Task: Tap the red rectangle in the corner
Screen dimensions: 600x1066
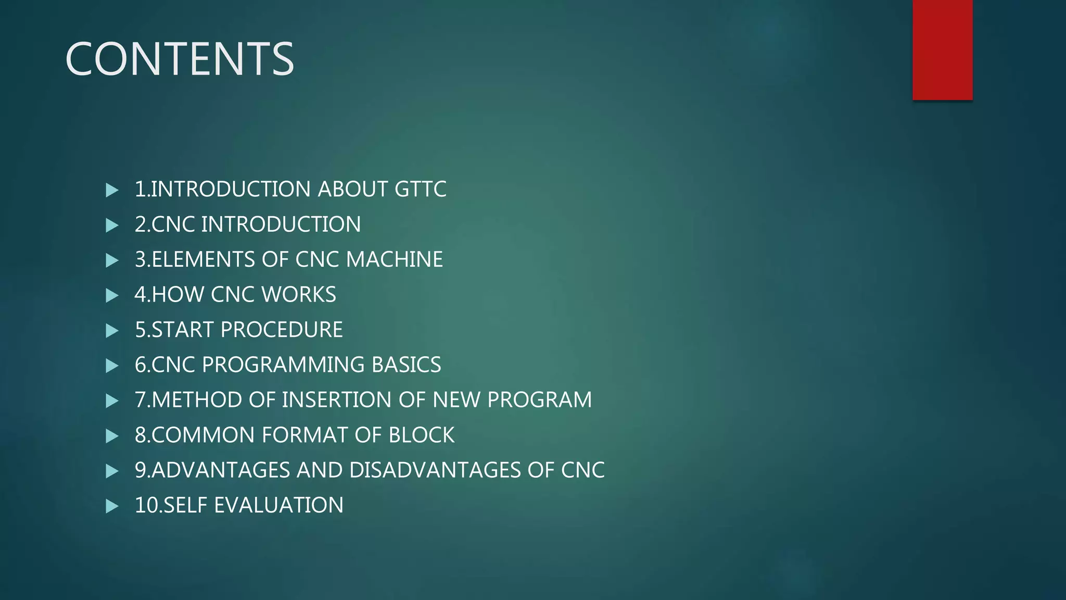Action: tap(942, 49)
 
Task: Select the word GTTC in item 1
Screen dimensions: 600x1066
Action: tap(420, 189)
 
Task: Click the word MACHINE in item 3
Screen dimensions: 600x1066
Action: tap(394, 259)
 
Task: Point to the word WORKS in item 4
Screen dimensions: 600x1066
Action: tap(299, 295)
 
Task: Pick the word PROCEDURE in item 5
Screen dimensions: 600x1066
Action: tap(282, 330)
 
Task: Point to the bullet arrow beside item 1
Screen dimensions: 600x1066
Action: tap(112, 190)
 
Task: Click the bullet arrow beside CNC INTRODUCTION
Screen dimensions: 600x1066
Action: tap(112, 225)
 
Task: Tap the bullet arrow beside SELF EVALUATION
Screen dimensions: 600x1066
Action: tap(112, 506)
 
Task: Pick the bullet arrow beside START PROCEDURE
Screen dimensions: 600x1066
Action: tap(112, 331)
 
